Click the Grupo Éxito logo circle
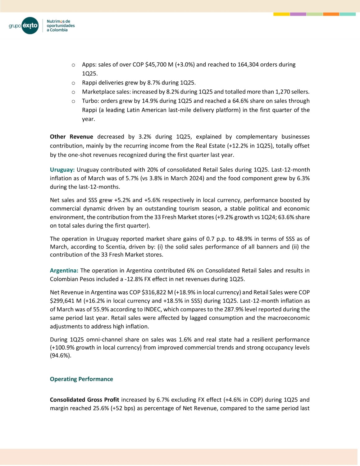pyautogui.click(x=30, y=25)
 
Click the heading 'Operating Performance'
pyautogui.click(x=81, y=379)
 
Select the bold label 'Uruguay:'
pyautogui.click(x=62, y=170)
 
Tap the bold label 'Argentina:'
pyautogui.click(x=64, y=271)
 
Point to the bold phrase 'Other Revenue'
pyautogui.click(x=71, y=137)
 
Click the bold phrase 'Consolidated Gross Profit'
pyautogui.click(x=84, y=400)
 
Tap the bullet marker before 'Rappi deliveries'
pyautogui.click(x=73, y=83)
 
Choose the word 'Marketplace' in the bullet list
pyautogui.click(x=98, y=92)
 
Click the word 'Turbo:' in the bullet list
pyautogui.click(x=90, y=101)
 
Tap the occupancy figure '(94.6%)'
pyautogui.click(x=61, y=356)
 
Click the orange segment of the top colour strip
pyautogui.click(x=331, y=14)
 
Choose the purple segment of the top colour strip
pyautogui.click(x=298, y=14)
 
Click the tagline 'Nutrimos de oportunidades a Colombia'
pyautogui.click(x=61, y=26)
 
